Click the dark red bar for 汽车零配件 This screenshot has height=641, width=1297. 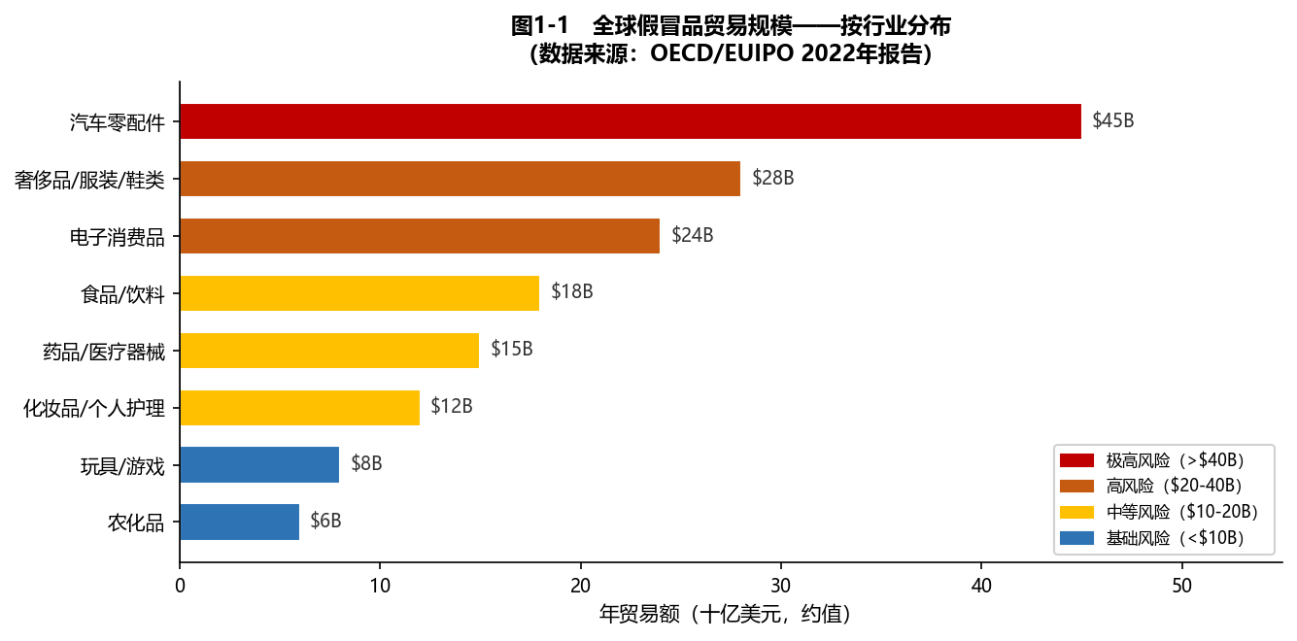pos(630,121)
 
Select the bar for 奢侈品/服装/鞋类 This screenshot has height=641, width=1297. pos(460,179)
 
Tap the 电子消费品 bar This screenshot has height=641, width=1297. pos(420,236)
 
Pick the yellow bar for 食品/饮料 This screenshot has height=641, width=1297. pos(359,293)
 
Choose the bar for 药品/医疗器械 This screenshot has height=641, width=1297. pos(329,351)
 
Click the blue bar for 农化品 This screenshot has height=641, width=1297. pos(239,522)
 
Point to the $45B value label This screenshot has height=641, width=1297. pos(1113,121)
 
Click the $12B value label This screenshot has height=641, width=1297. pos(452,407)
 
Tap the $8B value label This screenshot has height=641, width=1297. pos(366,464)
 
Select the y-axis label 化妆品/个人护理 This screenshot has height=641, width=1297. pos(94,408)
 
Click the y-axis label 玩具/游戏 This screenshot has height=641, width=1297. pos(122,465)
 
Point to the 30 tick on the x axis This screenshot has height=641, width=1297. pos(781,586)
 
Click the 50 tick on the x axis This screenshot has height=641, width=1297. pos(1181,586)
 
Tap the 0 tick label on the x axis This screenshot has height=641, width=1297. pos(180,586)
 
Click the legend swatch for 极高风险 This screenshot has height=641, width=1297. pos(1076,459)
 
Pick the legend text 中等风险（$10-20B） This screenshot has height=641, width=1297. pos(1181,512)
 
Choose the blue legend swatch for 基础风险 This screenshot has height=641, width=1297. pos(1076,537)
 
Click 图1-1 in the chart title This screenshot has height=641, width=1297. pos(539,26)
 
